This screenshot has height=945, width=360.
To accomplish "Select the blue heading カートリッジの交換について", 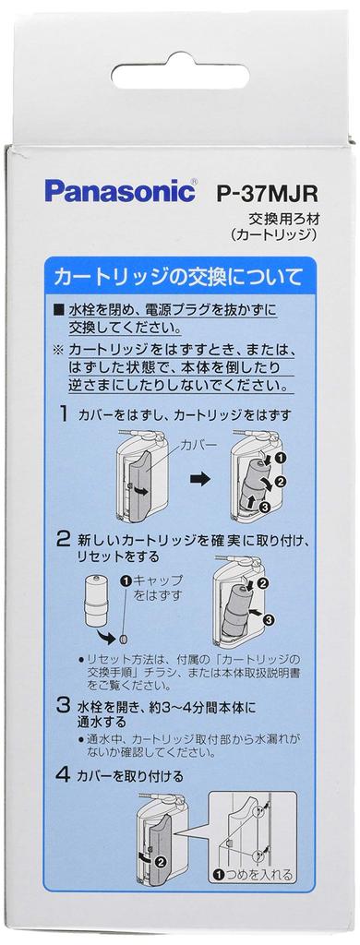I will point(177,275).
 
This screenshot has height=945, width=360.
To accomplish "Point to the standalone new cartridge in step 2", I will point(96,601).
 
